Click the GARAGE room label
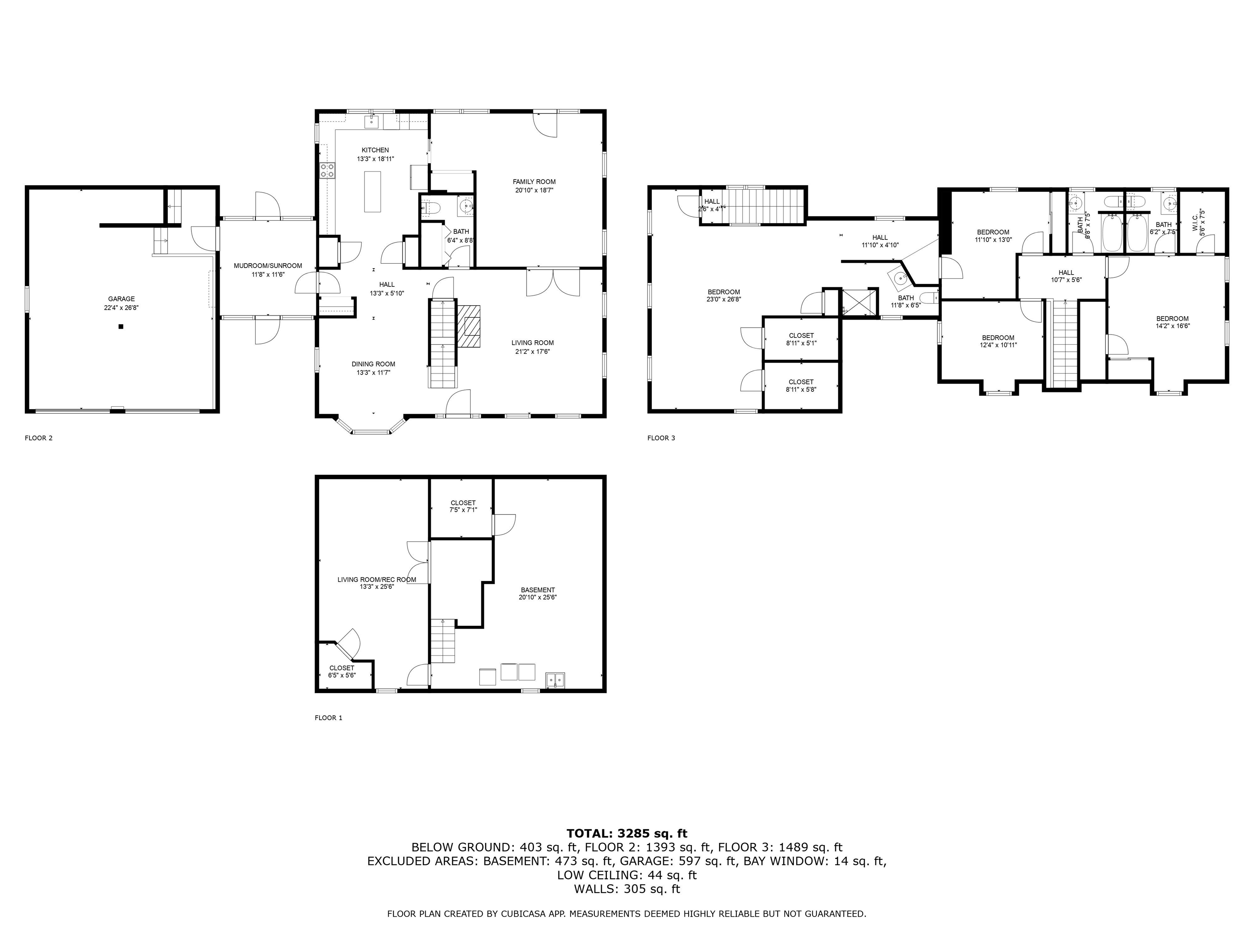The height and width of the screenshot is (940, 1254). pyautogui.click(x=121, y=299)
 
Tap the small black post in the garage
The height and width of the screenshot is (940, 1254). pyautogui.click(x=121, y=326)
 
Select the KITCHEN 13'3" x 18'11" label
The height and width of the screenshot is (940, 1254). pyautogui.click(x=375, y=155)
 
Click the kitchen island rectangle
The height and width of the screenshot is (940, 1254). pyautogui.click(x=372, y=191)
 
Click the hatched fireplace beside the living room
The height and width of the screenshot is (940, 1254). pyautogui.click(x=469, y=326)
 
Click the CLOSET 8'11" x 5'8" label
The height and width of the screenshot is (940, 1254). pyautogui.click(x=801, y=385)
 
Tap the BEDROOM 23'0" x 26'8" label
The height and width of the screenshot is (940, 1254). pyautogui.click(x=723, y=295)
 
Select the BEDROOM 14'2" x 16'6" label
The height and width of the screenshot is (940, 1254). pyautogui.click(x=1172, y=322)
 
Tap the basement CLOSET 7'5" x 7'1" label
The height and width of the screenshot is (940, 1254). pyautogui.click(x=463, y=506)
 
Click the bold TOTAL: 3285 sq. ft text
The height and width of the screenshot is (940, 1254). pyautogui.click(x=627, y=834)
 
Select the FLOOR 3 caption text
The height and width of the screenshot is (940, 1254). pyautogui.click(x=661, y=438)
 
